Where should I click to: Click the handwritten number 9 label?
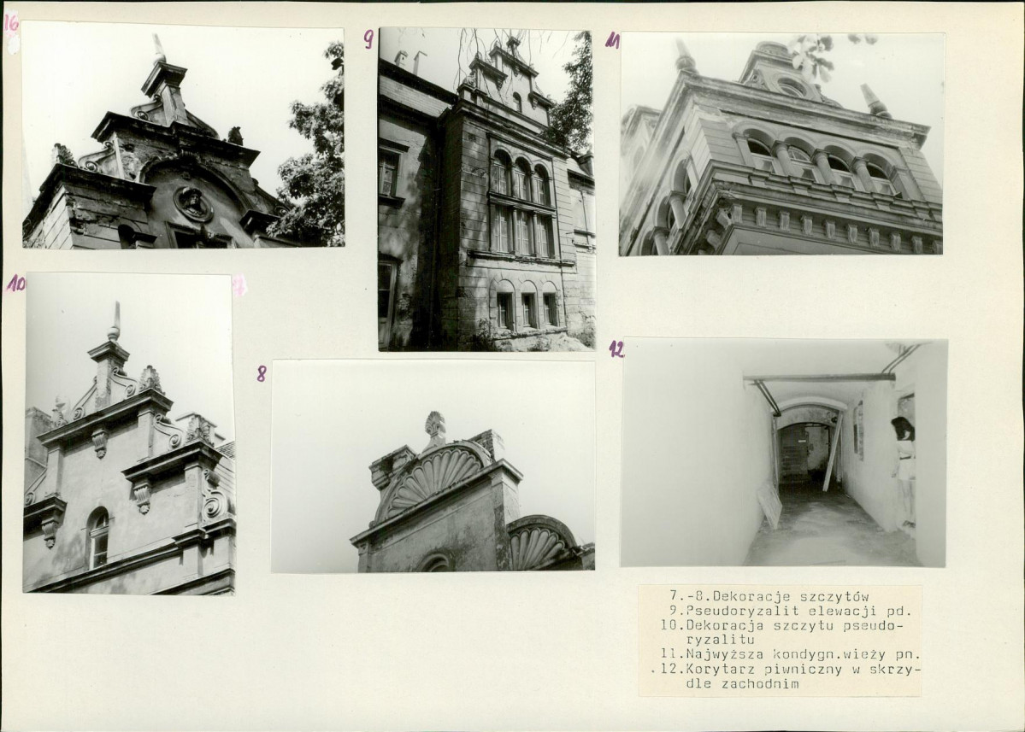[368, 40]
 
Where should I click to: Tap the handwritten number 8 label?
[262, 373]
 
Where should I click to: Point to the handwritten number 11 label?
[612, 41]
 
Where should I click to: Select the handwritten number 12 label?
[616, 349]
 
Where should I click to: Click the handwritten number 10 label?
[15, 284]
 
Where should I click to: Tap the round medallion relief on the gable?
[193, 204]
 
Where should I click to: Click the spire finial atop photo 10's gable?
[115, 321]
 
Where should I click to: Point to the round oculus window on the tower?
[790, 87]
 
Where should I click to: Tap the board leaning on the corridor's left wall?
[769, 506]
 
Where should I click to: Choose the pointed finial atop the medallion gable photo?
[159, 48]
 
